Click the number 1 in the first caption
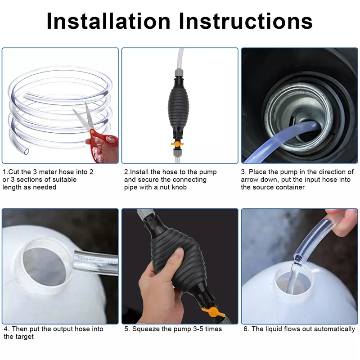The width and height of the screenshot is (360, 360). (4, 172)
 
